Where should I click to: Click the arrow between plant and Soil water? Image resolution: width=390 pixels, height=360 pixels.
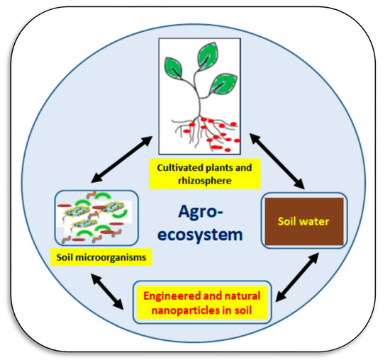284,164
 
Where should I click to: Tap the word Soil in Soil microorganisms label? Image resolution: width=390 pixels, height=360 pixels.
67,258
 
